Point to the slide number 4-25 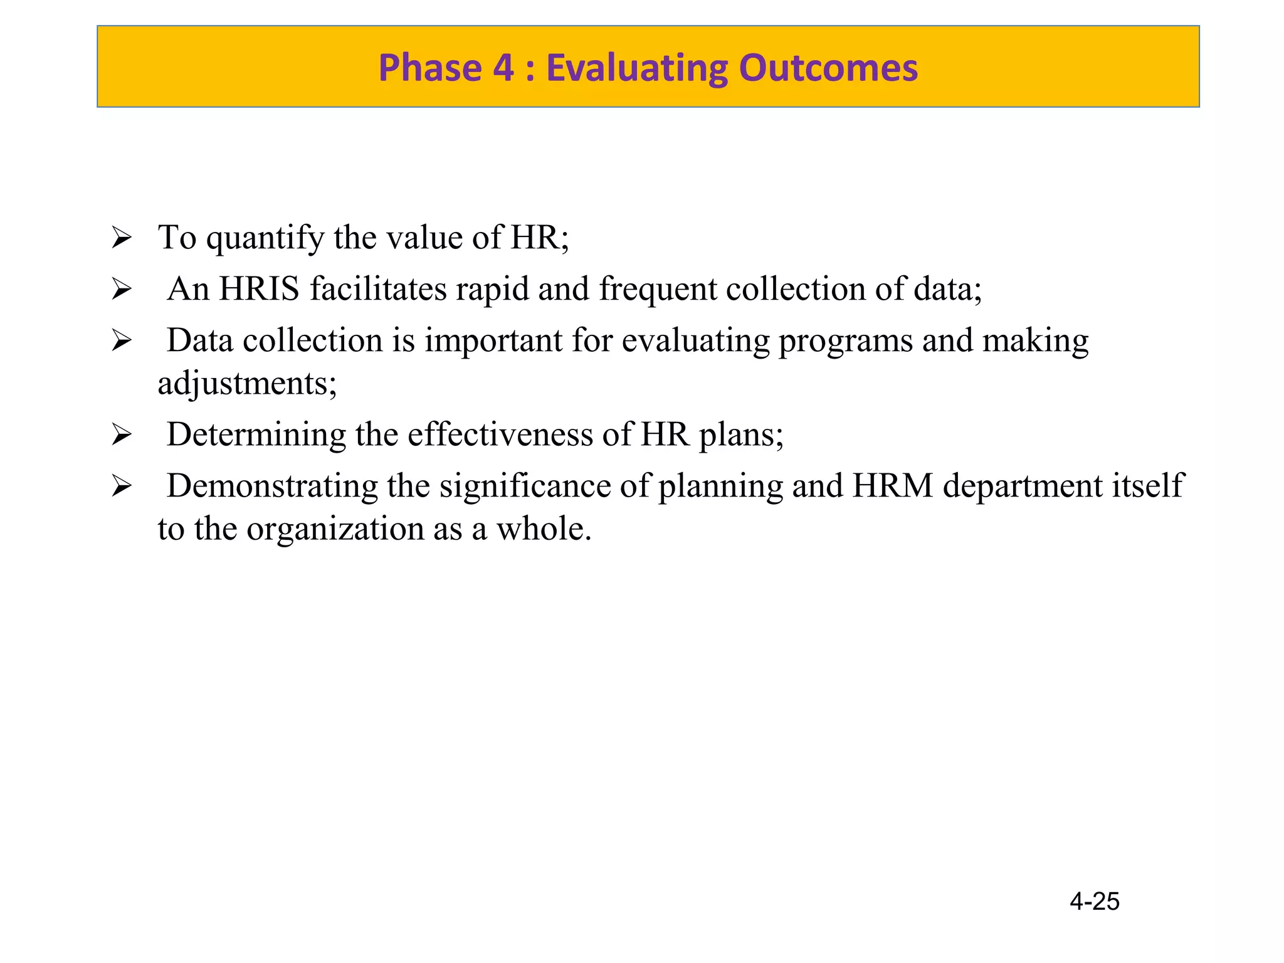pyautogui.click(x=1094, y=902)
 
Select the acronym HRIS pyautogui.click(x=259, y=289)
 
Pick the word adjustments pyautogui.click(x=246, y=384)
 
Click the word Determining pyautogui.click(x=256, y=434)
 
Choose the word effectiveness pyautogui.click(x=500, y=434)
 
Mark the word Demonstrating pyautogui.click(x=272, y=486)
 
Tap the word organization pyautogui.click(x=335, y=529)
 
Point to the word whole pyautogui.click(x=543, y=529)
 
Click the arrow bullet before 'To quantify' pyautogui.click(x=121, y=238)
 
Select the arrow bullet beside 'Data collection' pyautogui.click(x=121, y=341)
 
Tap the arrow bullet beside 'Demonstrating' pyautogui.click(x=121, y=487)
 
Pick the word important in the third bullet pyautogui.click(x=493, y=342)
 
